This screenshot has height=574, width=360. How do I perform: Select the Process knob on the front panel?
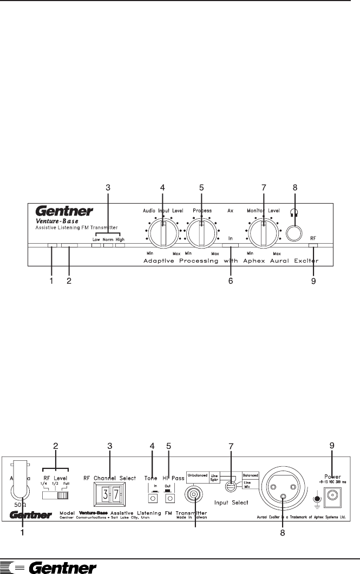pyautogui.click(x=201, y=234)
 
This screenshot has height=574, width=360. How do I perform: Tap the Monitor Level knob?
pyautogui.click(x=263, y=234)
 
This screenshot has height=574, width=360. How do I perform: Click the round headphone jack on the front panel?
pyautogui.click(x=294, y=233)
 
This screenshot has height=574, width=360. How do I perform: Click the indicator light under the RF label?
pyautogui.click(x=313, y=246)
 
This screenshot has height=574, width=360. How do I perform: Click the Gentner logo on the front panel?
pyautogui.click(x=64, y=211)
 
